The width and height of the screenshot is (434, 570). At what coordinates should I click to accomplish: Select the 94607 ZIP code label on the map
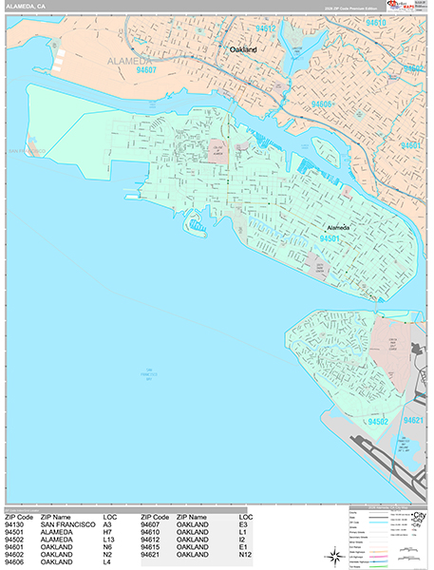pos(145,68)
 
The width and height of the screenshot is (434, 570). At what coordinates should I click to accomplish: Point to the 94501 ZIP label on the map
pos(330,239)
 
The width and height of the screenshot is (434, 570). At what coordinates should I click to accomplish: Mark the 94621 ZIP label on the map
pos(415,419)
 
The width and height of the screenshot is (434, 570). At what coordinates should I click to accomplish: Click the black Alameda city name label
pos(338,228)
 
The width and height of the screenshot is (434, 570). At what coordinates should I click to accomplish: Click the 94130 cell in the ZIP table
pos(14,524)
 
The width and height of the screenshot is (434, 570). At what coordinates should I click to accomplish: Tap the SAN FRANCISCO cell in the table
pos(67,524)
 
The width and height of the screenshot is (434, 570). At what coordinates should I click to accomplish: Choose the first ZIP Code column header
pos(20,517)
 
